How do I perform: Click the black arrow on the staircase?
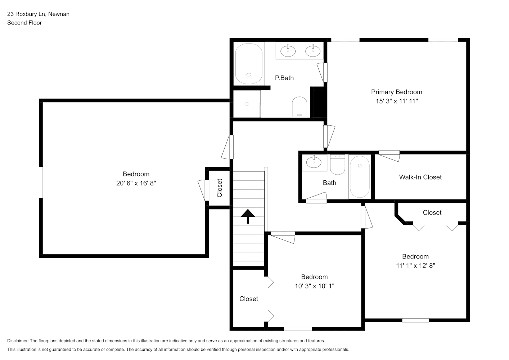point(248,216)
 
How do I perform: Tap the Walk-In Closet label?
point(420,177)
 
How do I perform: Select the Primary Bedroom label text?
point(397,92)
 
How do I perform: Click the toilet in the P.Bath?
point(299,107)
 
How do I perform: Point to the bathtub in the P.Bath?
point(249,64)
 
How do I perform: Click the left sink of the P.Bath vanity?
point(288,50)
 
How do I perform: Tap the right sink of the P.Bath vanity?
point(313,50)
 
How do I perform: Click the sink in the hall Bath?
point(314,162)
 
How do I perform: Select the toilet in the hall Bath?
point(337,165)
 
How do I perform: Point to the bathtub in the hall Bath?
point(360,177)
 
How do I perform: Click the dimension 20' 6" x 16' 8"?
point(136,183)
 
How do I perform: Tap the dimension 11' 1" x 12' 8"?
point(415,266)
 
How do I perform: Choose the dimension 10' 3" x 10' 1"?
point(315,286)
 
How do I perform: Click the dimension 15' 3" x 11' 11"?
point(397,101)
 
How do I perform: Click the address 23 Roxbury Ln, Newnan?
point(38,14)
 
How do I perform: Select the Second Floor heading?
point(24,23)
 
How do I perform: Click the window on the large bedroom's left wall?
point(41,182)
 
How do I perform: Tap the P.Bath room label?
point(284,78)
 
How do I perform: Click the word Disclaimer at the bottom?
point(18,341)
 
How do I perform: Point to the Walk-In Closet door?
point(389,156)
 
